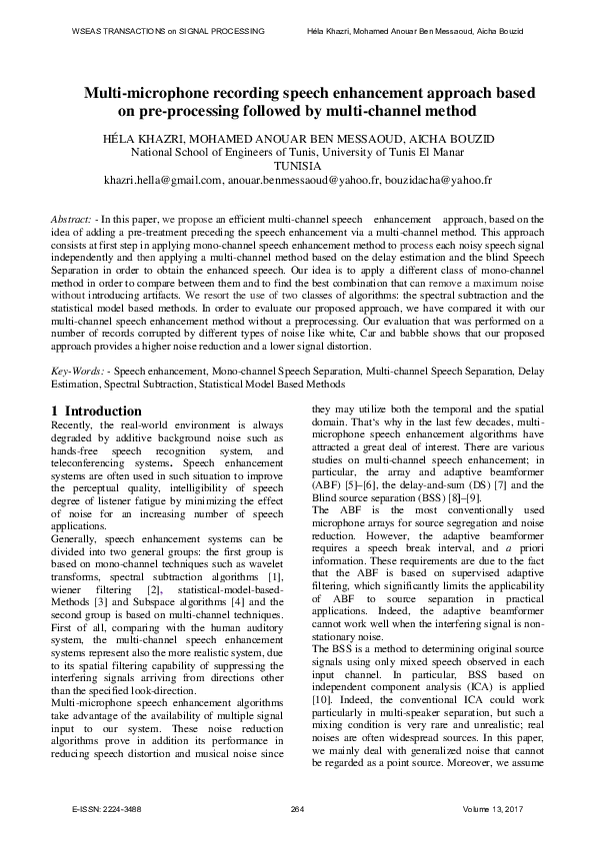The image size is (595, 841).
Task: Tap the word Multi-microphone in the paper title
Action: click(147, 92)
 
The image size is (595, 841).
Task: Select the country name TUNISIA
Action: click(297, 166)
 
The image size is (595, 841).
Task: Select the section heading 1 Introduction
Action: click(96, 411)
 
